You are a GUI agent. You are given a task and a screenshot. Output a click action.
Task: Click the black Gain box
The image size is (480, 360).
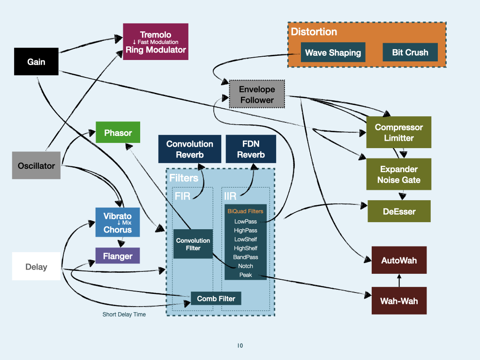(x=36, y=61)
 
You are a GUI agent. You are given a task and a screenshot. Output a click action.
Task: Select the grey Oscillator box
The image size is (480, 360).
(x=36, y=165)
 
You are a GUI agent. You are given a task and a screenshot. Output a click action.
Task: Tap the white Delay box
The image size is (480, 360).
(x=36, y=267)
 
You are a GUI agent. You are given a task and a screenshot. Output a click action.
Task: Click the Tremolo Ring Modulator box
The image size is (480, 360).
(x=156, y=42)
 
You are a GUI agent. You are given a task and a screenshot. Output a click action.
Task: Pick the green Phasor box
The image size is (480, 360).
(x=118, y=133)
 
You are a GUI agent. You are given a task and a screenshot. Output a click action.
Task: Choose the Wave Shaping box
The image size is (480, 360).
(x=333, y=52)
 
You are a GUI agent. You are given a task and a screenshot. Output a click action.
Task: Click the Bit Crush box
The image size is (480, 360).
(x=410, y=52)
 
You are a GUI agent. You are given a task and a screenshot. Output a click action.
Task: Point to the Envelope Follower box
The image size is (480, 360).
(x=257, y=95)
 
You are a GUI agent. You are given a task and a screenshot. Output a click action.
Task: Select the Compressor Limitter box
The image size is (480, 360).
(x=399, y=133)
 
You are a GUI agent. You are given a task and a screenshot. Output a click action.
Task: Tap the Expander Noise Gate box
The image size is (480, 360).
(x=399, y=174)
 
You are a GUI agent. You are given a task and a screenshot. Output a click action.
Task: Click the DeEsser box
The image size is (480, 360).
(x=399, y=211)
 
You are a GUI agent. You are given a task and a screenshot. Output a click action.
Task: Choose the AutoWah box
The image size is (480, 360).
(x=399, y=260)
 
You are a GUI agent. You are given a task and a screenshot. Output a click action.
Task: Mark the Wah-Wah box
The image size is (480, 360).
(x=399, y=300)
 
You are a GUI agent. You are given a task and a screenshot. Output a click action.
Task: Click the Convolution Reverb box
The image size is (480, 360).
(x=189, y=149)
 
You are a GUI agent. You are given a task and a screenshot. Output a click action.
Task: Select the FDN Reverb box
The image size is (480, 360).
(x=251, y=149)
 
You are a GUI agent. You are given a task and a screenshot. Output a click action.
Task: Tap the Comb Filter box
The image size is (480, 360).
(x=216, y=299)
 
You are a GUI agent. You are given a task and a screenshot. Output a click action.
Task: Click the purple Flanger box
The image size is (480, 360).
(x=118, y=256)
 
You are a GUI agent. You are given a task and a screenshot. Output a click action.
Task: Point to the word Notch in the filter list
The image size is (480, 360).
(x=246, y=266)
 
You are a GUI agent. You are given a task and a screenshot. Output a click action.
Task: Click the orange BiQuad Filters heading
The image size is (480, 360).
(x=246, y=211)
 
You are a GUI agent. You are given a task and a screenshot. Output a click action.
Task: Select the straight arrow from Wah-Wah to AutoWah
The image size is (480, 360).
(x=399, y=281)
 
